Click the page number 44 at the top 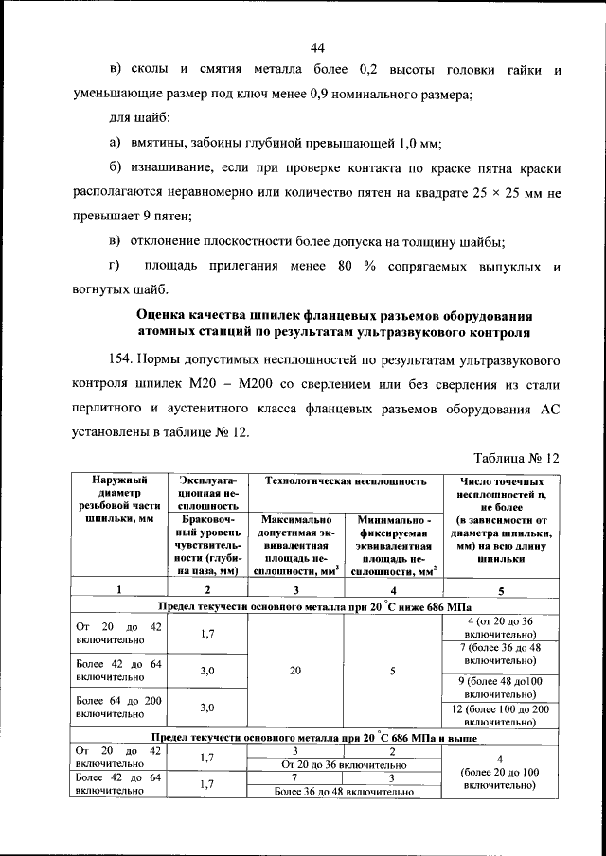(x=316, y=48)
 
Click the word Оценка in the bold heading (x=167, y=314)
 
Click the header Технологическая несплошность (x=346, y=480)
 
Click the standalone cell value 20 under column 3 (x=295, y=671)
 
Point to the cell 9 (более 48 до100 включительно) (x=500, y=687)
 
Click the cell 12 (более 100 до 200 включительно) (x=500, y=715)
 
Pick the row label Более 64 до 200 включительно (x=118, y=707)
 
